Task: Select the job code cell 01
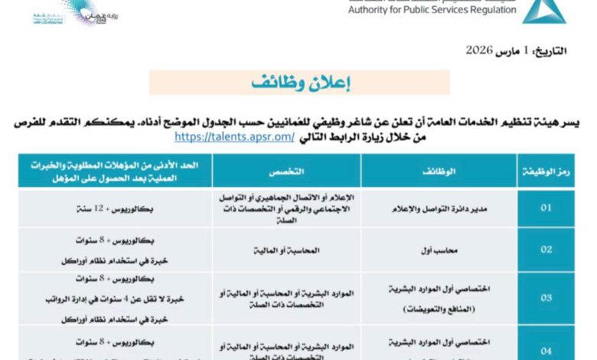click(x=546, y=208)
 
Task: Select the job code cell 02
click(x=546, y=249)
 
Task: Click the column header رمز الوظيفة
click(x=546, y=171)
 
